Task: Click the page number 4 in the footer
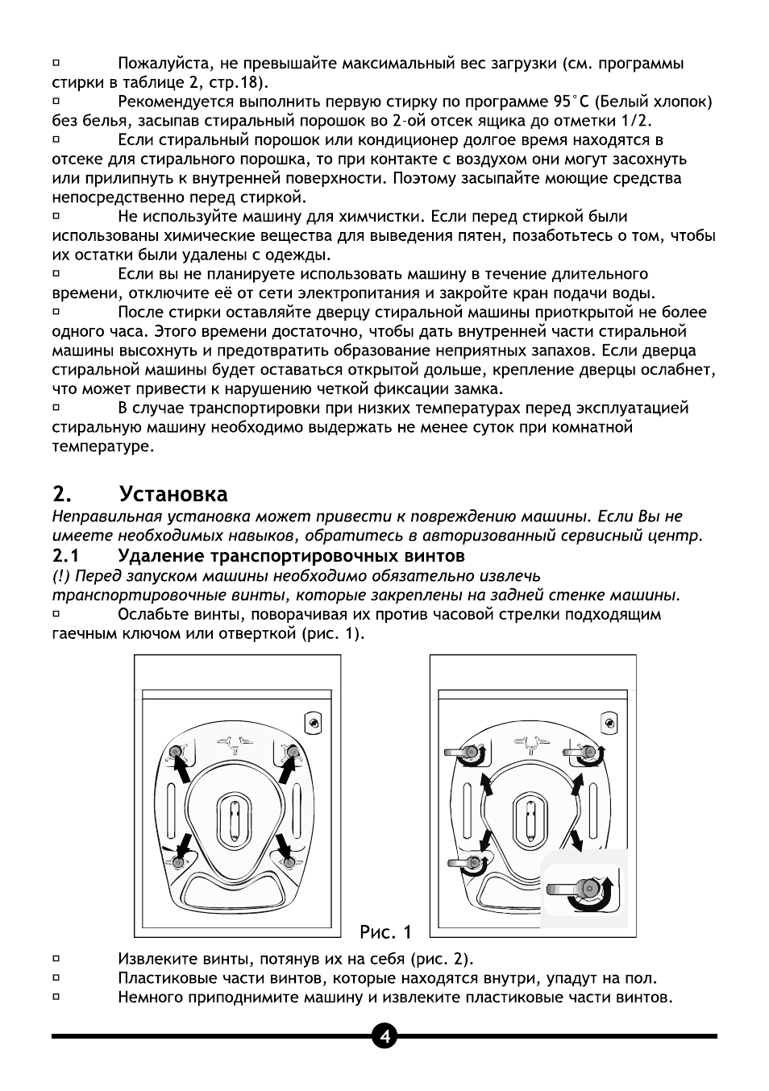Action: (x=384, y=1036)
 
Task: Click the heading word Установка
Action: (x=173, y=494)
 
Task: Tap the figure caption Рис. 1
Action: (x=385, y=932)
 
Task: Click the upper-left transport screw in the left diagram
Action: (x=175, y=752)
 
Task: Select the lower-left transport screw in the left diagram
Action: (x=178, y=861)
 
